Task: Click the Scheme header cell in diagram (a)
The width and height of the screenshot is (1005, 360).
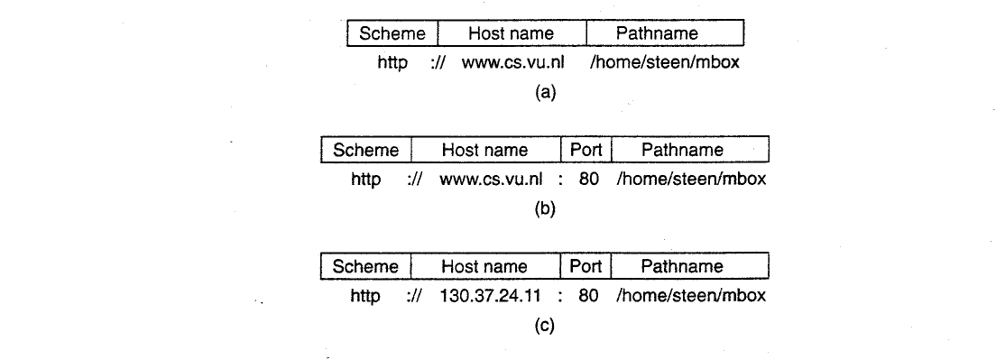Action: [x=392, y=33]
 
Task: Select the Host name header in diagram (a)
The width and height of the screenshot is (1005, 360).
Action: [x=512, y=33]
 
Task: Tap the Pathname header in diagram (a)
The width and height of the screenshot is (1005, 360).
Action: [x=665, y=33]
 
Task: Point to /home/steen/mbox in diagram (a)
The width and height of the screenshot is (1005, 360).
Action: [x=665, y=63]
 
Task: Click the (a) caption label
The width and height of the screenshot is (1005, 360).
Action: [x=546, y=93]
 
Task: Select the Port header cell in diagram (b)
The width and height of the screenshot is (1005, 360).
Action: [x=586, y=150]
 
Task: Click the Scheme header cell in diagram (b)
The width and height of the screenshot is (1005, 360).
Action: [x=366, y=150]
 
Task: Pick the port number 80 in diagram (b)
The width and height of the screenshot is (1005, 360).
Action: [x=588, y=180]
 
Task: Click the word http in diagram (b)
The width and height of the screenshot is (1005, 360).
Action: [x=365, y=180]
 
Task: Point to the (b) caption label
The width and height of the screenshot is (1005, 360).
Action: [x=545, y=209]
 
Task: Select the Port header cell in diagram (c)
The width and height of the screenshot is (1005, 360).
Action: [x=585, y=266]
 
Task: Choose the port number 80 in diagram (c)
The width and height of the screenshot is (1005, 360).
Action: [x=588, y=296]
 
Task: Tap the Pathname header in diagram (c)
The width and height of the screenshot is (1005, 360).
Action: [x=689, y=266]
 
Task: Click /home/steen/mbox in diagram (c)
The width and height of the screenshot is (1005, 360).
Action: [x=691, y=296]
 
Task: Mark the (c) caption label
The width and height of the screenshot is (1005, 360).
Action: [x=545, y=326]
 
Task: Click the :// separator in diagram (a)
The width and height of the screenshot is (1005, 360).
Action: [x=439, y=63]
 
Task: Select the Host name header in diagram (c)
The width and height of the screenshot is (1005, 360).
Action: [x=486, y=266]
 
